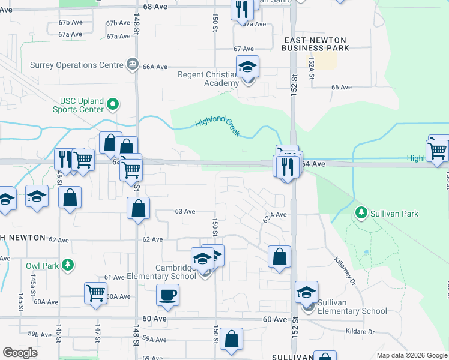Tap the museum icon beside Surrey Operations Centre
[133, 64]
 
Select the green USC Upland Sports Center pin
[112, 105]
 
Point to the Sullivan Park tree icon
[361, 212]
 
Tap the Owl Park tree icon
[68, 264]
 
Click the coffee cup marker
[167, 295]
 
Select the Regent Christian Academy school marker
[247, 67]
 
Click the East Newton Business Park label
[315, 43]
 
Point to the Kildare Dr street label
[359, 331]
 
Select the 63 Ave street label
[185, 211]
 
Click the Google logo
[20, 352]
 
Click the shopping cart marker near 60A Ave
[95, 293]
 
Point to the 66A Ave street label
[154, 67]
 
